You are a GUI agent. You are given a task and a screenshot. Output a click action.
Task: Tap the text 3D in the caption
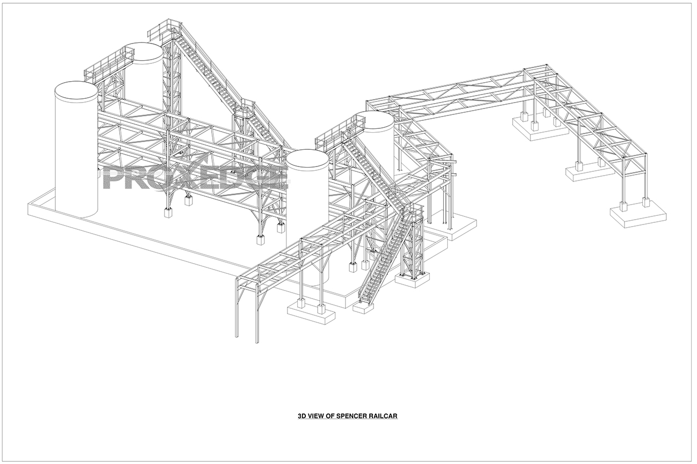pos(302,416)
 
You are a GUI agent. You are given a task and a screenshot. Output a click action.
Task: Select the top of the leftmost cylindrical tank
pos(76,91)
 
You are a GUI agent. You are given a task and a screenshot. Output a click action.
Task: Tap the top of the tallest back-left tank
pos(144,52)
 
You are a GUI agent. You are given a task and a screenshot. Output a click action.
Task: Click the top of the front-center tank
pos(307,159)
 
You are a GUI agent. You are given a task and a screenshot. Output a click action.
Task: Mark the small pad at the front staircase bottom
pos(364,307)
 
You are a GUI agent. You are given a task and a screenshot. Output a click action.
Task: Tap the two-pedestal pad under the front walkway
pos(312,313)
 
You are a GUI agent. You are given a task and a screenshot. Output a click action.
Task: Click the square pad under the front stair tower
pos(413,278)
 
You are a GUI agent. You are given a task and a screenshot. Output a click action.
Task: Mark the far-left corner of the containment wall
pos(28,204)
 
